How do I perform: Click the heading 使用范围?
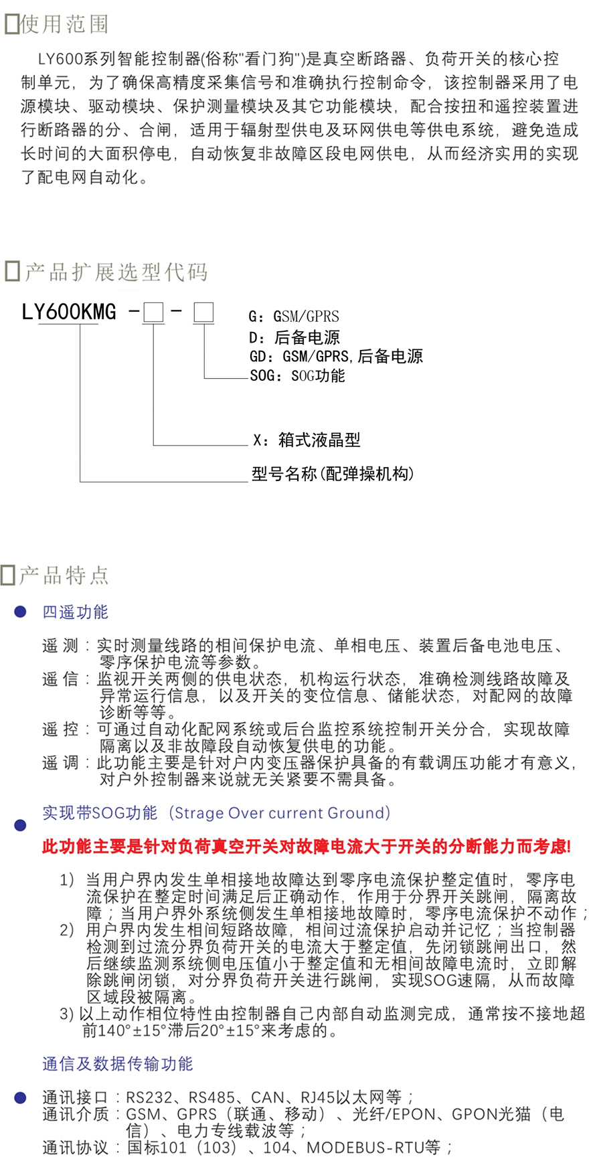(x=64, y=24)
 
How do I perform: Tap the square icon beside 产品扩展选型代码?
(x=12, y=272)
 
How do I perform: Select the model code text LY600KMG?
(x=69, y=312)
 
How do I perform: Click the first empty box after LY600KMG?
(x=153, y=312)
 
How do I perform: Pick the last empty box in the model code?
(x=203, y=312)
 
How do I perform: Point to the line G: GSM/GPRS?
(x=294, y=317)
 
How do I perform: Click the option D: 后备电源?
(x=294, y=337)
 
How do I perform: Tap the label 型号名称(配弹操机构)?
(x=333, y=474)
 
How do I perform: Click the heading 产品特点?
(x=64, y=575)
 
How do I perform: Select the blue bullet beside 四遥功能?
(x=20, y=612)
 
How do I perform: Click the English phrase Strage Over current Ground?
(x=278, y=813)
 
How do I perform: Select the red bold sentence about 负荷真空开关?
(x=307, y=846)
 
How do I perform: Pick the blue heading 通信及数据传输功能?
(x=118, y=1064)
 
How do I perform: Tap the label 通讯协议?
(x=75, y=1148)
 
